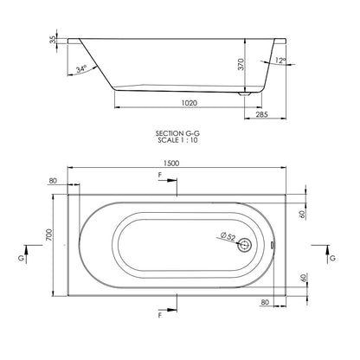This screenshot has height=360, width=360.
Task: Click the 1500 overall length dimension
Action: [x=171, y=164]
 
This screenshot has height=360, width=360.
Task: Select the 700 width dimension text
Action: [x=49, y=235]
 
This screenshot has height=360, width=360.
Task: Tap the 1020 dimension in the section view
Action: [x=190, y=103]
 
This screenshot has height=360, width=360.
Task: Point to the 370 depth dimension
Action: [x=241, y=64]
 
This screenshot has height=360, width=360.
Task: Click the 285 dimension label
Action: [x=262, y=114]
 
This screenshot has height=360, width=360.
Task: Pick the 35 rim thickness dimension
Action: [x=53, y=40]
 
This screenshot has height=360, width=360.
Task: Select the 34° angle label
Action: [x=81, y=69]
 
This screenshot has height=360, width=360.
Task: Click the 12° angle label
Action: [x=280, y=61]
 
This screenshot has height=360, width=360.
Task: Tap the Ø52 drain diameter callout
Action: [x=228, y=236]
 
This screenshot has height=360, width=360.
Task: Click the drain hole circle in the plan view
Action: [x=245, y=246]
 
